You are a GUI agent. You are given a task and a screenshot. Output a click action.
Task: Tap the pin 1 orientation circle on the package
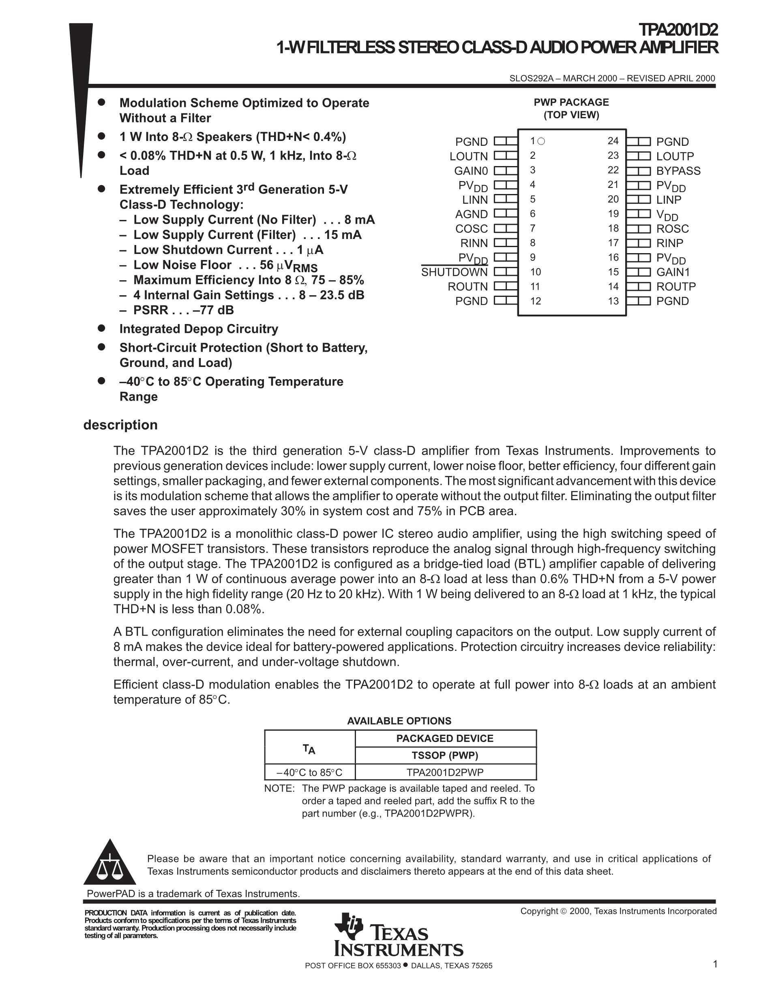coord(542,141)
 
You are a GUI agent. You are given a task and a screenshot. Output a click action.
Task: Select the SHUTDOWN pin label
coord(454,272)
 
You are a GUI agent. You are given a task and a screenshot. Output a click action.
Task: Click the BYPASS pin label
coord(678,171)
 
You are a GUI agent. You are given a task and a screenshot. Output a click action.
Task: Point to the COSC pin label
coord(471,229)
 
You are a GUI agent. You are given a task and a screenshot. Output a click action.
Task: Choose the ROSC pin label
coord(672,229)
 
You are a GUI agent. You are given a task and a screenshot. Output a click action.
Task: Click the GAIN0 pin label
coord(471,171)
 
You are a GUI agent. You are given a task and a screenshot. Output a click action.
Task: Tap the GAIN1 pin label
coord(673,272)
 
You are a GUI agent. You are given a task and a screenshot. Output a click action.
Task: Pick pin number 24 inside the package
coord(613,141)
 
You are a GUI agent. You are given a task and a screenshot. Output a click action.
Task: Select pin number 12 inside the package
coord(536,301)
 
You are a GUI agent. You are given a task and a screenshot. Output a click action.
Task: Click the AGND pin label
coord(471,214)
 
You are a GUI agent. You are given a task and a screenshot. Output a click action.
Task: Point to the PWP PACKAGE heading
coord(571,102)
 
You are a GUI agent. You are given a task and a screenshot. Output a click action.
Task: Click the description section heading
coord(120,425)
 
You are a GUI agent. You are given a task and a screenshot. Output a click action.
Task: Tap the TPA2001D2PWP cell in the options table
coord(445,773)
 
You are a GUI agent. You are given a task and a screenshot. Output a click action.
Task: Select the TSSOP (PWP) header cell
coord(445,755)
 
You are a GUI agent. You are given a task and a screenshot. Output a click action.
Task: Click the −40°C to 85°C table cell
coord(310,773)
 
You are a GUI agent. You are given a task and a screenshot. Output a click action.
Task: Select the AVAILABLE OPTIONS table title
coord(399,721)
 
